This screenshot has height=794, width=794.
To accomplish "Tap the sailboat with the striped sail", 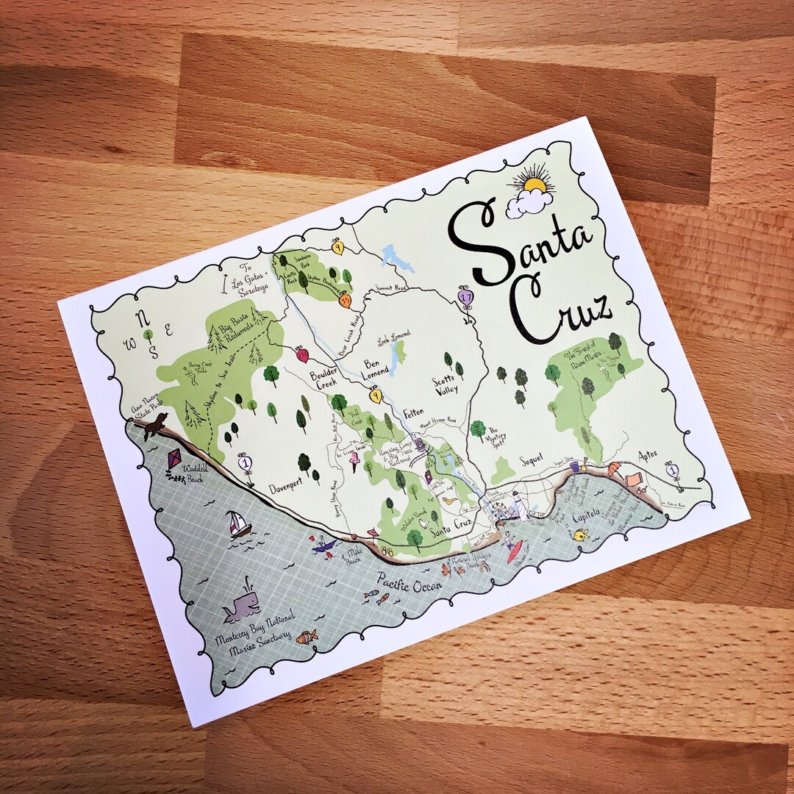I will click(x=238, y=523).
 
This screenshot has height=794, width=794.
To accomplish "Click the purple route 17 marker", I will click(x=465, y=296).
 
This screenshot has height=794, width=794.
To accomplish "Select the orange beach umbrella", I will click(x=613, y=468).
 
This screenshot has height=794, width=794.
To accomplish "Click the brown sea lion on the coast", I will click(x=155, y=425).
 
